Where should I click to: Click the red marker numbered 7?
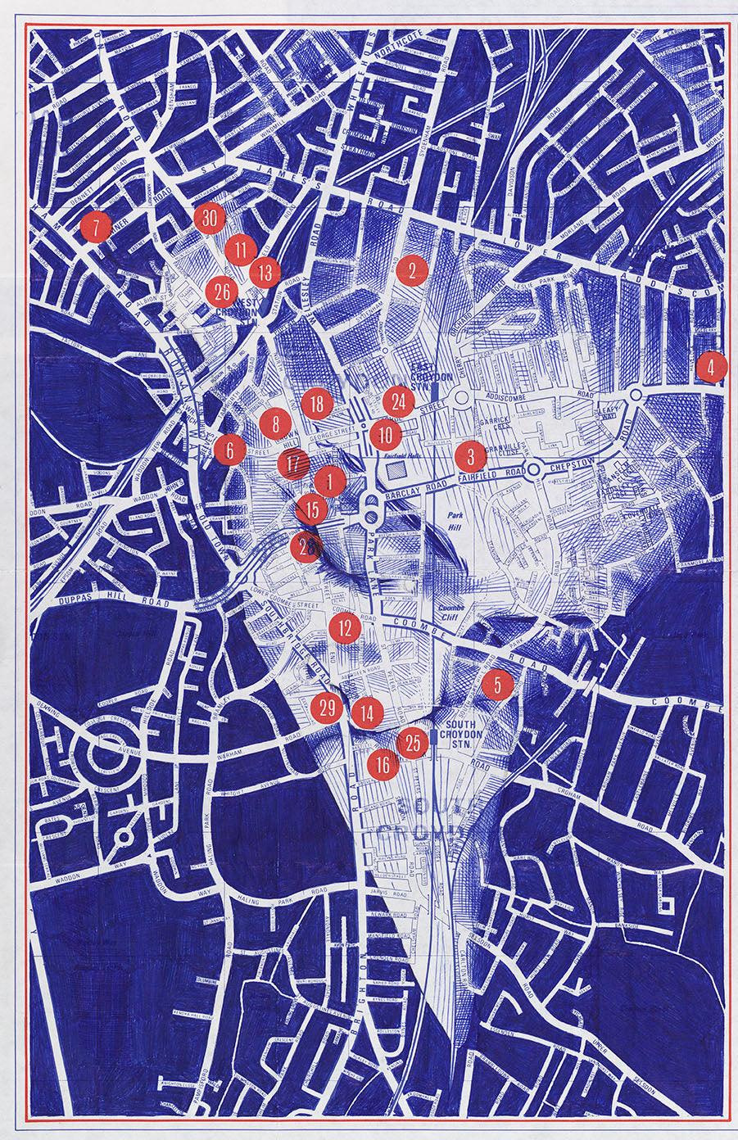coord(97,228)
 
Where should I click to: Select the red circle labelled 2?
coord(413,269)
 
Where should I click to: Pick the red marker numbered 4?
coord(711,368)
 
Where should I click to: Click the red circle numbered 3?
coord(470,456)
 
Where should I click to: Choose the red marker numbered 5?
coord(497,685)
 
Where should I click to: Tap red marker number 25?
coord(413,743)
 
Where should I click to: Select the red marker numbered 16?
coord(383,766)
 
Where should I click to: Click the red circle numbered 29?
coord(327,708)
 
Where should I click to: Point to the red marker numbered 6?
coord(230,449)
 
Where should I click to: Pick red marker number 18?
coord(317,402)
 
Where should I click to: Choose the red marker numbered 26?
coord(221,292)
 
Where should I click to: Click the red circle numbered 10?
coord(385,434)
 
